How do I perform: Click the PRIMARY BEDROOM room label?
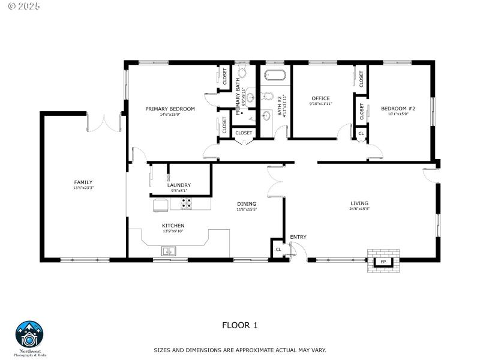click(x=170, y=109)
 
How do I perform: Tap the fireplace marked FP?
click(x=383, y=262)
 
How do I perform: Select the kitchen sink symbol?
click(x=169, y=251)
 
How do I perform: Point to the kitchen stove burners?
click(x=187, y=204)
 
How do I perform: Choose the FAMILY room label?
click(x=83, y=182)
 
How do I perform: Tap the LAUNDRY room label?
click(x=179, y=185)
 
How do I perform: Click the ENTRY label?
click(x=298, y=237)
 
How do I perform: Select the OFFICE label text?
click(x=320, y=98)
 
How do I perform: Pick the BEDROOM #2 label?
click(x=398, y=109)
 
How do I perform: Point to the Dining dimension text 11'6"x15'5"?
click(x=246, y=209)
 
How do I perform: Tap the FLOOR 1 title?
click(x=240, y=325)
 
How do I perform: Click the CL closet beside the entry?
click(x=278, y=249)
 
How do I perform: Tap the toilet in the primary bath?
click(x=243, y=76)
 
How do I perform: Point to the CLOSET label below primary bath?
click(x=244, y=133)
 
